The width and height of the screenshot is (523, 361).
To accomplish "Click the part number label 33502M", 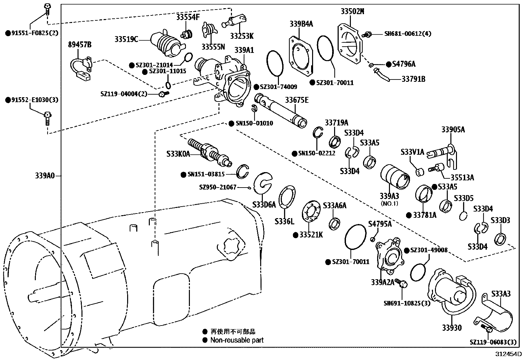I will tap(352, 11).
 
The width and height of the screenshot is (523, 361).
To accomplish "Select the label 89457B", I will tap(80, 45).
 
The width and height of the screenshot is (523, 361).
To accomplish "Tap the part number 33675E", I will tap(297, 100).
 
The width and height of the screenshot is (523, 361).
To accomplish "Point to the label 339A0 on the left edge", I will tap(45, 176).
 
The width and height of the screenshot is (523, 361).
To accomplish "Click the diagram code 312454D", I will tap(509, 354).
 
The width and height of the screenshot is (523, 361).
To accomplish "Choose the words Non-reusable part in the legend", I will tap(237, 340).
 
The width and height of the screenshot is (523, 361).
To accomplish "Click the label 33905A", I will tap(453, 130).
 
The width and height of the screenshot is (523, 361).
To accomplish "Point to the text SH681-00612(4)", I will tap(408, 34).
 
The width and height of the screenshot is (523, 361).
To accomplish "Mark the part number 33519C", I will tap(126, 39).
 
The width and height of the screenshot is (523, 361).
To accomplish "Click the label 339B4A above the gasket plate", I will tap(301, 24).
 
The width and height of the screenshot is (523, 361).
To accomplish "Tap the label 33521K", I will tap(310, 235).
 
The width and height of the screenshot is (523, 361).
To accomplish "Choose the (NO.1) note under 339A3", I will tap(389, 203).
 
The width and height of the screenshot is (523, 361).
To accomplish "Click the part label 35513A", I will tap(462, 178).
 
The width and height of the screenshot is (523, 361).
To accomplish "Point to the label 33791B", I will tap(414, 79).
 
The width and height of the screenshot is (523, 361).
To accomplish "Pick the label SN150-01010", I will tap(254, 124).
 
